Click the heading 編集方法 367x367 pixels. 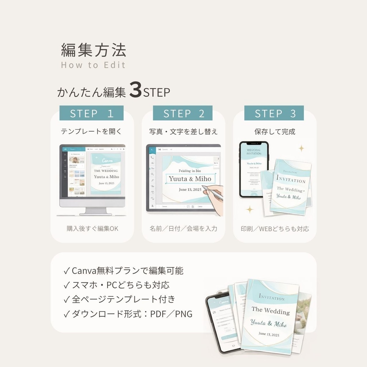pos(94,50)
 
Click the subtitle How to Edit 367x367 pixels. pos(93,65)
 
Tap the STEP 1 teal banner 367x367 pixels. pos(91,113)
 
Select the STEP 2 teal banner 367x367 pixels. pos(183,113)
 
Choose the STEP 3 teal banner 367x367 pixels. pos(274,113)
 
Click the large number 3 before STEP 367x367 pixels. pos(135,91)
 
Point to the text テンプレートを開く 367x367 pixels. pos(91,132)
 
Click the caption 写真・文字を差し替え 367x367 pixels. pos(183,132)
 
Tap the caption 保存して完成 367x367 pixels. pos(275,132)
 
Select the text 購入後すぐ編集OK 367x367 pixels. pos(92,229)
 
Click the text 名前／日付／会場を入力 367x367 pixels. pos(183,229)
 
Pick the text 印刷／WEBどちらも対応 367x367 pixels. pos(275,229)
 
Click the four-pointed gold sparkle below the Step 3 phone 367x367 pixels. pos(249,209)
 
